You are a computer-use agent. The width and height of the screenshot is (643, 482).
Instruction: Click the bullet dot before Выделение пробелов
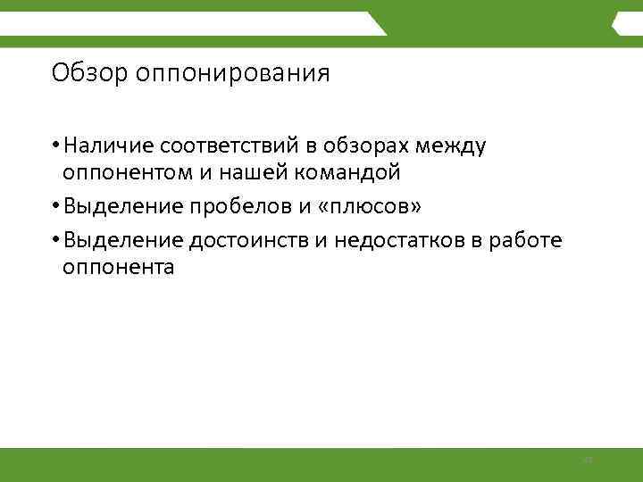tap(56, 207)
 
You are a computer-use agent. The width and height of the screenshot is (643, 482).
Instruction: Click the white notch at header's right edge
tap(618, 24)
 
